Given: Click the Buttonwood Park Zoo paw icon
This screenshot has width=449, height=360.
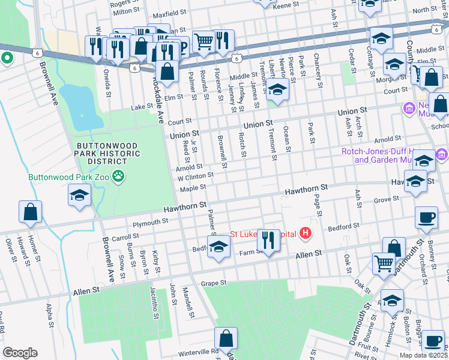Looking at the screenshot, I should click(121, 177).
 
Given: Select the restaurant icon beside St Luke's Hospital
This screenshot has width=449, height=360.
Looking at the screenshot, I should click(268, 241).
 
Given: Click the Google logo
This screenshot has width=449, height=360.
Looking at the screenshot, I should click(20, 353).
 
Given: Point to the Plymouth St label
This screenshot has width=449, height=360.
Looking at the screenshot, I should click(150, 222).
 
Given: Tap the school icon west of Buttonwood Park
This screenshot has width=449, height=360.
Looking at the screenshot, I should click(79, 195).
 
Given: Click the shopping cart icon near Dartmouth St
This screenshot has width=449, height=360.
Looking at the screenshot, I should click(383, 263).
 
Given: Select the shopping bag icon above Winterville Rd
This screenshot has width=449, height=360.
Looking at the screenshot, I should click(226, 339).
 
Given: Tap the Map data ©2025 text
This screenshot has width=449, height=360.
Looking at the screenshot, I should click(423, 355).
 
